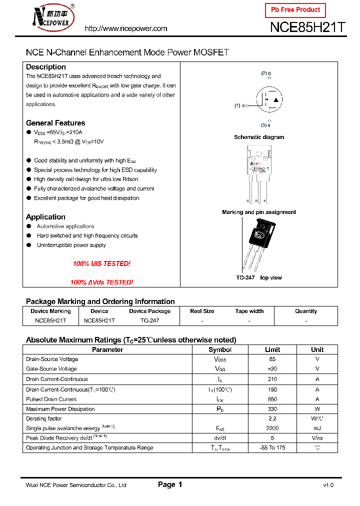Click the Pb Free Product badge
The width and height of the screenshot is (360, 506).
[x=295, y=10]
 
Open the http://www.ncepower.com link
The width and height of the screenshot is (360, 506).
[x=126, y=28]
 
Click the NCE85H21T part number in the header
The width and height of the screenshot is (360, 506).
[x=307, y=28]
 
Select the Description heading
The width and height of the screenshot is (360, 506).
[x=46, y=67]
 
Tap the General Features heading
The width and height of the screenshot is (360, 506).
[x=55, y=123]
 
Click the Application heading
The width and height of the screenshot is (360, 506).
[x=45, y=217]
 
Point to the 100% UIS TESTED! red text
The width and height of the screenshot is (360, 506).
[x=101, y=263]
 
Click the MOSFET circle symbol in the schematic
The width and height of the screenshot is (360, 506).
[x=268, y=100]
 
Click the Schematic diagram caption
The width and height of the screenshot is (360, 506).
[x=259, y=137]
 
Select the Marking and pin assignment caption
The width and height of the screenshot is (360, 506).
[x=259, y=212]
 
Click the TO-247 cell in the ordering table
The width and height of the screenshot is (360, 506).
[x=149, y=320]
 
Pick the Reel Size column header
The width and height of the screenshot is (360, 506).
[x=202, y=311]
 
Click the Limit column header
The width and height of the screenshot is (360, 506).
[x=272, y=349]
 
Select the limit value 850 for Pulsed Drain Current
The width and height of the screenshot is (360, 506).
[x=272, y=399]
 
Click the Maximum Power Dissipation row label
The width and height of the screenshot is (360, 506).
[x=60, y=409]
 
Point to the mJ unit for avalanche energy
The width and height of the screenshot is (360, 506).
[x=317, y=428]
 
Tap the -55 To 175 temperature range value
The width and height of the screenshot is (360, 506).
[x=272, y=447]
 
